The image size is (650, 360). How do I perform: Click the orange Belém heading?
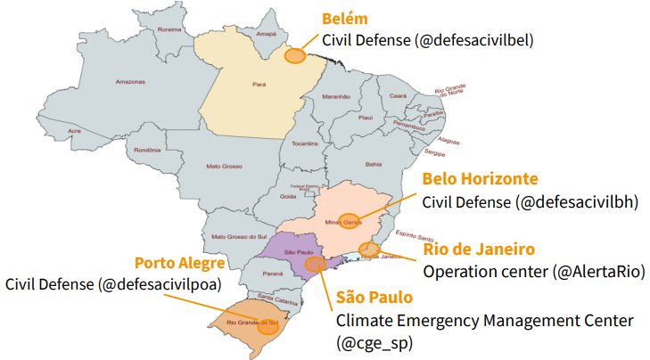344,19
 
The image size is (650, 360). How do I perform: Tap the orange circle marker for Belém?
295,56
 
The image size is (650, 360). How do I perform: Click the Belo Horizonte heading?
480,178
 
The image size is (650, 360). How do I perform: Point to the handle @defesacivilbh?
577,201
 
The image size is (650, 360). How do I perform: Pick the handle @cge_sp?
375,341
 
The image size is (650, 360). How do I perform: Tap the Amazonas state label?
130,82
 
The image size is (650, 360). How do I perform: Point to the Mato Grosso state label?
224,165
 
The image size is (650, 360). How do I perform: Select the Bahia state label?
374,164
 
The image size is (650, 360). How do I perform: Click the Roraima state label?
169,29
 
